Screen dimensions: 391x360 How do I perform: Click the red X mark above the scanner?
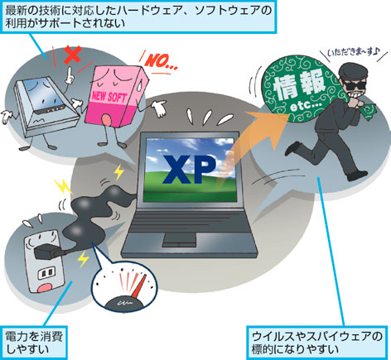(x=72, y=55)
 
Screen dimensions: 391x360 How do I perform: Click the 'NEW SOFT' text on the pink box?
(x=109, y=97)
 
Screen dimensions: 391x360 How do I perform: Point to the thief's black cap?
(x=353, y=71)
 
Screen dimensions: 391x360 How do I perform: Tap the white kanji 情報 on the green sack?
(x=299, y=85)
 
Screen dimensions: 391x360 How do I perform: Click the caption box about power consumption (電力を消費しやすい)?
(x=33, y=343)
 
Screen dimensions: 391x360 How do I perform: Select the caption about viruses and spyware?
(x=318, y=343)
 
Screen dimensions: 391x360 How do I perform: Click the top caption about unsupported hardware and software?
(x=138, y=17)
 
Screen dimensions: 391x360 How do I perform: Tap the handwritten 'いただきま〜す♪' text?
(x=354, y=52)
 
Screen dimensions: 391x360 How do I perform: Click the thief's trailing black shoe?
(x=292, y=148)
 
